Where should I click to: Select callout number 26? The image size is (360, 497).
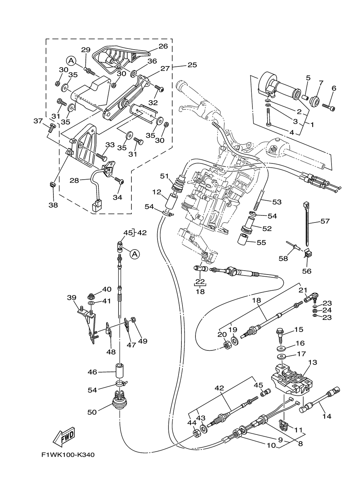(163, 46)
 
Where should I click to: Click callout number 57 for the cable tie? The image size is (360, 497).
(325, 221)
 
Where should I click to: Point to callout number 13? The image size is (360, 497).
(313, 362)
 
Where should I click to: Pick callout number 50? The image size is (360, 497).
(92, 412)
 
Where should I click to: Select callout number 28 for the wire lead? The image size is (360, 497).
(74, 180)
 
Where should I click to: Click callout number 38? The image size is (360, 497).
(53, 205)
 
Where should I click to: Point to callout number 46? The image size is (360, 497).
(92, 372)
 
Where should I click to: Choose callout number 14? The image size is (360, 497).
(327, 416)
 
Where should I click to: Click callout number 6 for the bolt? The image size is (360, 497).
(334, 88)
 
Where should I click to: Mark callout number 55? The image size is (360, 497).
(261, 243)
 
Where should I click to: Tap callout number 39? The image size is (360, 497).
(71, 298)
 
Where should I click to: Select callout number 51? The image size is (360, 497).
(165, 176)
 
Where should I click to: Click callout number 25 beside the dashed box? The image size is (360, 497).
(192, 65)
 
